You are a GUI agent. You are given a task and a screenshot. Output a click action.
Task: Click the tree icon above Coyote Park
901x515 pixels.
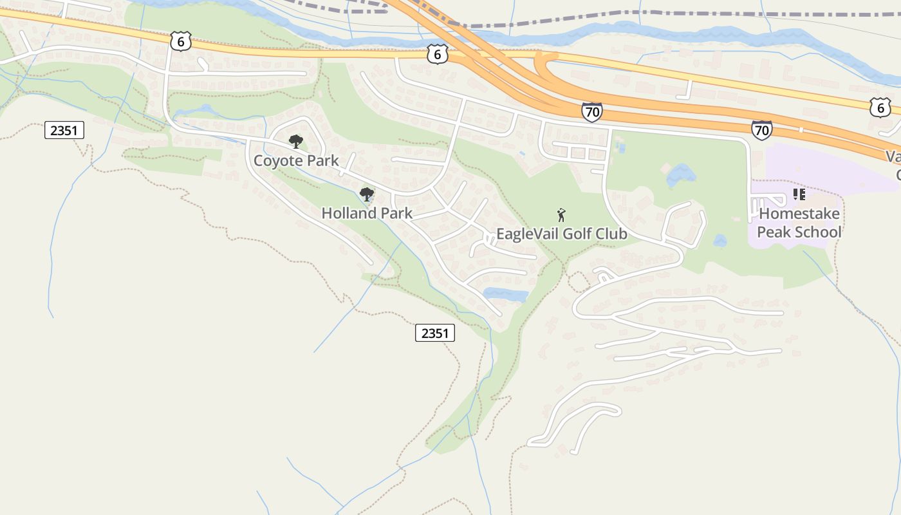click(x=295, y=142)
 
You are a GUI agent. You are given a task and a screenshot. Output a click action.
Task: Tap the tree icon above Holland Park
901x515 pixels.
click(x=367, y=194)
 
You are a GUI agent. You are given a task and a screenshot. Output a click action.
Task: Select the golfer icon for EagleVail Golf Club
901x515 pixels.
click(x=561, y=215)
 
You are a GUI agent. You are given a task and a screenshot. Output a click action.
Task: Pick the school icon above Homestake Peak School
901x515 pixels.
click(x=799, y=194)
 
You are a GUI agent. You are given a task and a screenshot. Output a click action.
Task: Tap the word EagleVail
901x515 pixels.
click(x=528, y=234)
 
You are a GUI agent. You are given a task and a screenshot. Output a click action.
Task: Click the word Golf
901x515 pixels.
click(x=579, y=234)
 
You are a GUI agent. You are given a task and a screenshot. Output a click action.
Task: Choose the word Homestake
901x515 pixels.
click(x=799, y=213)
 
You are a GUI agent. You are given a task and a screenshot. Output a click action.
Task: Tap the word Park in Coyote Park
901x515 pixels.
click(x=324, y=161)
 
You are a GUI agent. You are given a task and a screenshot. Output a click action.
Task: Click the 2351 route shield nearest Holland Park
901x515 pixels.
click(x=434, y=333)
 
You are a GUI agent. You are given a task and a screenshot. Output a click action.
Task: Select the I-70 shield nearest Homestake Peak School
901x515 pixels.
click(x=761, y=130)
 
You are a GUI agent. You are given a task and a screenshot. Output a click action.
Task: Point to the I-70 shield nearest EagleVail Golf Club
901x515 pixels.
click(x=591, y=112)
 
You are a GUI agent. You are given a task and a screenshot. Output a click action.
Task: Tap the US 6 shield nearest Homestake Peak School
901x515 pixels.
click(x=880, y=108)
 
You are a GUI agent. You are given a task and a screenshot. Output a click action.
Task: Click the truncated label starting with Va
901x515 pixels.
click(x=893, y=156)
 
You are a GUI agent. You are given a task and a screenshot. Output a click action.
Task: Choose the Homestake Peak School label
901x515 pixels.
click(x=799, y=223)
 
